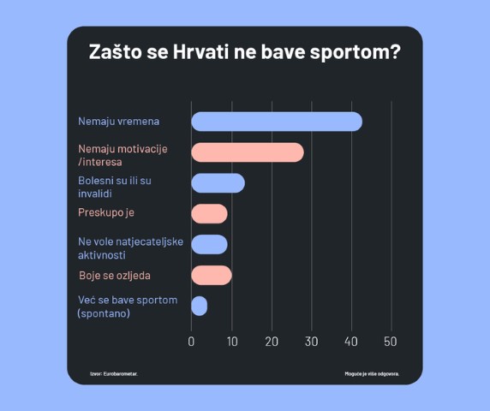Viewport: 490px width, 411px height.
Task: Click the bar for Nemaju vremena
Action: [x=276, y=122]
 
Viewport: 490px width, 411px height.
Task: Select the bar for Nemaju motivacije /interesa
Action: [x=247, y=152]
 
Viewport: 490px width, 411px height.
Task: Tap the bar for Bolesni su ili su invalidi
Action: [x=218, y=183]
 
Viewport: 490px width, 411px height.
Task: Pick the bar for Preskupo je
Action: [x=209, y=213]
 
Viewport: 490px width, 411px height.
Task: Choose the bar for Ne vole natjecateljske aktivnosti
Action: [x=209, y=244]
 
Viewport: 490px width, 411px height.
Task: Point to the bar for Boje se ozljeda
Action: [x=211, y=275]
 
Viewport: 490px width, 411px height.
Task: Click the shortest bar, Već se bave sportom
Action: [x=199, y=306]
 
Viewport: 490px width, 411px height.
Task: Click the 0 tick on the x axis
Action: [x=191, y=342]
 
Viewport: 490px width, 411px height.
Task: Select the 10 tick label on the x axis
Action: [x=231, y=342]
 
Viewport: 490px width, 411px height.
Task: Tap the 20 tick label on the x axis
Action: [x=272, y=342]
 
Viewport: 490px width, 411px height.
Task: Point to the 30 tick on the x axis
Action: [x=312, y=342]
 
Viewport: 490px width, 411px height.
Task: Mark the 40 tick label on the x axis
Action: [x=351, y=342]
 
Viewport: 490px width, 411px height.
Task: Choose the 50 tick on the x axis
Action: [x=391, y=342]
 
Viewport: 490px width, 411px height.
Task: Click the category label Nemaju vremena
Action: [x=118, y=122]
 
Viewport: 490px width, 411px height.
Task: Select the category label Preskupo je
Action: [x=106, y=212]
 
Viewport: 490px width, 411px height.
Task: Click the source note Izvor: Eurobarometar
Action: [x=113, y=374]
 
